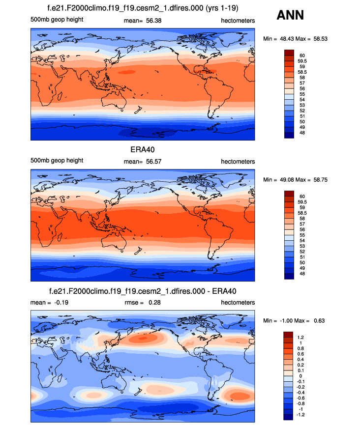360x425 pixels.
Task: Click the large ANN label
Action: [290, 15]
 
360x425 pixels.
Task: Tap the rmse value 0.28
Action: [156, 302]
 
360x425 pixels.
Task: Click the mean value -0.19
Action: [60, 302]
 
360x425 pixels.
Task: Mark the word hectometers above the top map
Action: [238, 20]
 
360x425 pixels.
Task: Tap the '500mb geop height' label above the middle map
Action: [57, 161]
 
